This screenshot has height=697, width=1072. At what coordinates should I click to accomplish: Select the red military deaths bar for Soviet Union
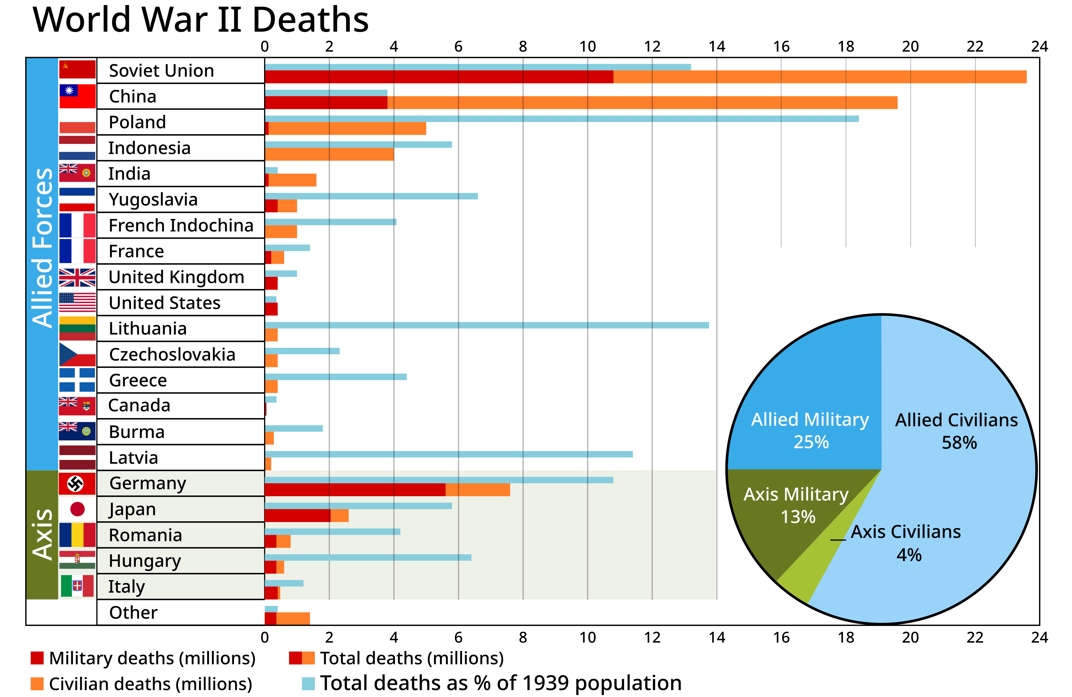439,77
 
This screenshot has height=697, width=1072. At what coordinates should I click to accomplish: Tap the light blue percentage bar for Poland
562,119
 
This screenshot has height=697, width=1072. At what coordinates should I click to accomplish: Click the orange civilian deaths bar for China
642,103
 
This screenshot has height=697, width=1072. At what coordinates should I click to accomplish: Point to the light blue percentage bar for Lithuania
487,325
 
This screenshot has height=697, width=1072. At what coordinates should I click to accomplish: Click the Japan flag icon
77,509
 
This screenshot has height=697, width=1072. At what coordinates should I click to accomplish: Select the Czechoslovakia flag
77,354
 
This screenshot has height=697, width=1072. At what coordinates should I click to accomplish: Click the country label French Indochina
181,225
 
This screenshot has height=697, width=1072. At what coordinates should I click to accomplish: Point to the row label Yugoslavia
153,200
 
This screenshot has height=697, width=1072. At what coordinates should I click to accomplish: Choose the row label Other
133,612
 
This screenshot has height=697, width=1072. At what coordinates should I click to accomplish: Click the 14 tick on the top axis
717,46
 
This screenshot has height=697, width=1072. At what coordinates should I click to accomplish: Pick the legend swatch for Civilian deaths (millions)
37,684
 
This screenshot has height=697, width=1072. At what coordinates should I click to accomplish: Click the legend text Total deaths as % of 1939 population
501,683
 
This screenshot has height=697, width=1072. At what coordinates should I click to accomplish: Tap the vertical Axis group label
43,535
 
